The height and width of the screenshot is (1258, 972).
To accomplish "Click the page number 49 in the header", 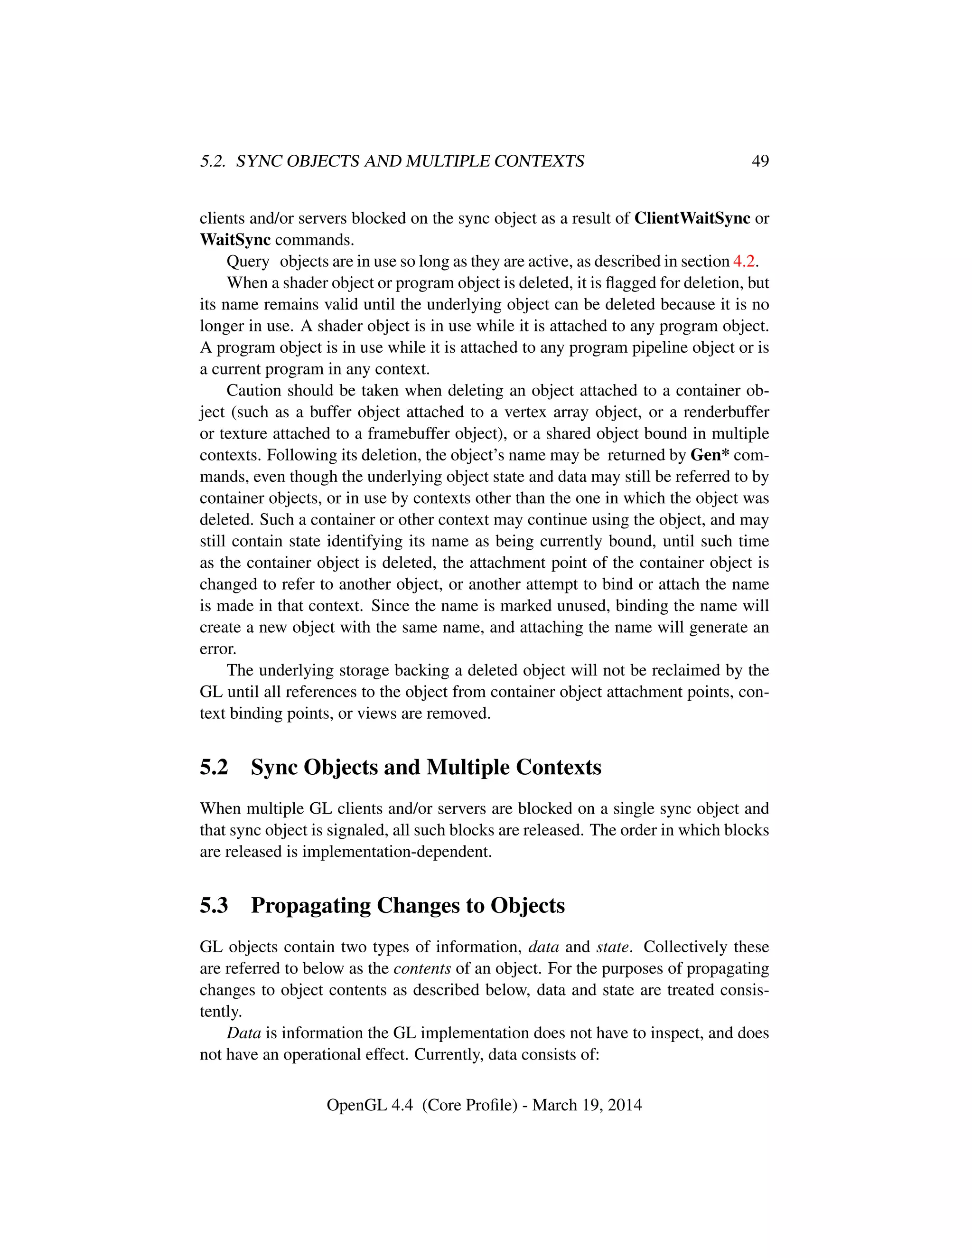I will (x=760, y=161).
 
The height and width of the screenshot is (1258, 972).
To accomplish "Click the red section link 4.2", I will (x=743, y=262).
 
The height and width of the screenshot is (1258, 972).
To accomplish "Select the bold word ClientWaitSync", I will (x=692, y=218).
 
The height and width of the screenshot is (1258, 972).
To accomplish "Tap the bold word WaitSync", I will (x=235, y=240).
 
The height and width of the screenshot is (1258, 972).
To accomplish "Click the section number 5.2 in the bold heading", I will (x=214, y=768).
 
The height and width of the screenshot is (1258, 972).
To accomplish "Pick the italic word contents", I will (x=422, y=969).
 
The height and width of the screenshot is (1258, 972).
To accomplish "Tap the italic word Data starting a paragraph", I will (x=243, y=1033).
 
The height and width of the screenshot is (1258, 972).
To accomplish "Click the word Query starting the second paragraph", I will (x=248, y=262).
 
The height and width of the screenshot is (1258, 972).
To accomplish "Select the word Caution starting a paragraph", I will (x=253, y=391).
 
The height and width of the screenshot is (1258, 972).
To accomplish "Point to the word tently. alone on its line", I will (x=221, y=1012).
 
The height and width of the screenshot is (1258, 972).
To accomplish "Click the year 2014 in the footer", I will (x=624, y=1105).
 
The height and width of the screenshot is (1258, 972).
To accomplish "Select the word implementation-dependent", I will (x=397, y=852).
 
